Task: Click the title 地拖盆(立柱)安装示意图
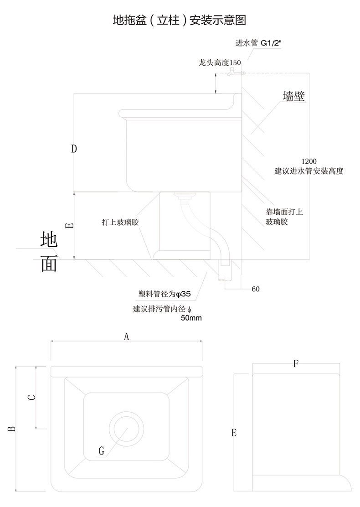tap(180, 20)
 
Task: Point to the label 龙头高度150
tap(220, 62)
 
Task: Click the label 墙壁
tap(293, 97)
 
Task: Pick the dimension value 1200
tap(309, 161)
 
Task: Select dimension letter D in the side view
tap(74, 148)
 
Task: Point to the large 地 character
tap(49, 240)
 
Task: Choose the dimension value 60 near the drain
tap(256, 289)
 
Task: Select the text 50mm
tap(191, 318)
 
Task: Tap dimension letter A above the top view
tap(127, 336)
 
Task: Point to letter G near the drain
tap(102, 451)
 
